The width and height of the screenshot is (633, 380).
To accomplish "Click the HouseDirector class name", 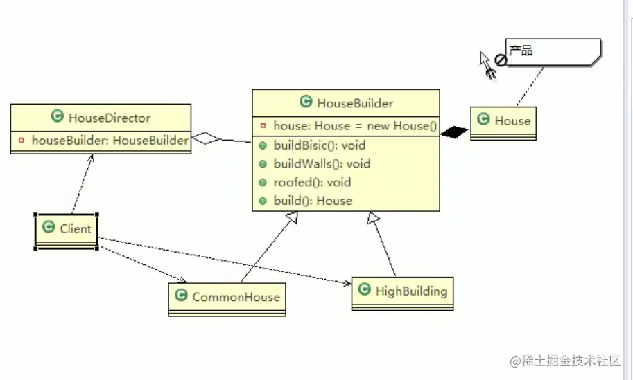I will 110,118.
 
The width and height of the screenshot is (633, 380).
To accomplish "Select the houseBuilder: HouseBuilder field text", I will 110,141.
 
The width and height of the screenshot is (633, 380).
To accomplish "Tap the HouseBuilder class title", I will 355,103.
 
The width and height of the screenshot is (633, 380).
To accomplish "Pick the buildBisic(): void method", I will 319,145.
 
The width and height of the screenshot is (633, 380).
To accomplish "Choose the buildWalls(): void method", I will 322,164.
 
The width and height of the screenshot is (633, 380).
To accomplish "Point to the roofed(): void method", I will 312,183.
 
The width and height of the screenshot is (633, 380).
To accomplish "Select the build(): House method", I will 313,201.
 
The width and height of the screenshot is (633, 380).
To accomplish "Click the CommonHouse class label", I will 236,297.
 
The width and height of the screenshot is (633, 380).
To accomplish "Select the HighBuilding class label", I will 410,291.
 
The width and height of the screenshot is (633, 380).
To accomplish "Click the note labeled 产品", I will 551,52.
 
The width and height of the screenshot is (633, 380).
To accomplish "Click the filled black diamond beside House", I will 455,132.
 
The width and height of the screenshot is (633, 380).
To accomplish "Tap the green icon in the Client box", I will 49,228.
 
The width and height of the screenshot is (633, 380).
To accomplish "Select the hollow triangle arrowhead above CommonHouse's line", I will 292,219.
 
